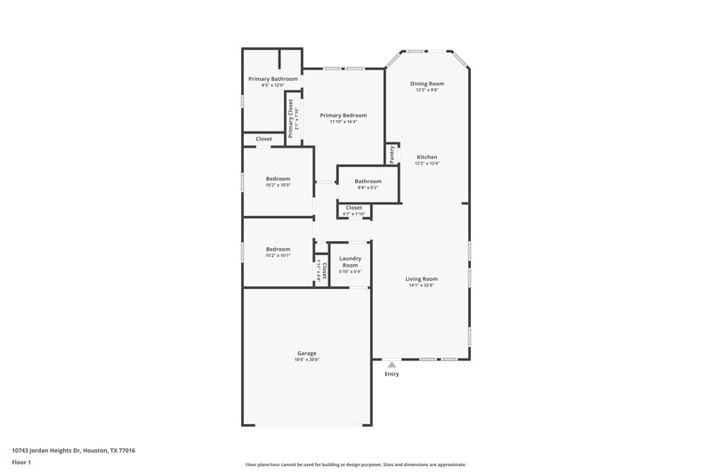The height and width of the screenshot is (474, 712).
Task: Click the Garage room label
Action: tap(306, 353)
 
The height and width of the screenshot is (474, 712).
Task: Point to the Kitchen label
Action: tap(427, 157)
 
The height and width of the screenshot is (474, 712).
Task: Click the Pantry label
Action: tap(391, 155)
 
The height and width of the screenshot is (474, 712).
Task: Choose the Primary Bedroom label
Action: tap(343, 115)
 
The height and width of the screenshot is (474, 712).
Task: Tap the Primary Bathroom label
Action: tap(272, 79)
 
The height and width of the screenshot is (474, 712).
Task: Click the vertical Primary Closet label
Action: tap(290, 118)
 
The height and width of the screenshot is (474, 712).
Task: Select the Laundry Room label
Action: tap(350, 262)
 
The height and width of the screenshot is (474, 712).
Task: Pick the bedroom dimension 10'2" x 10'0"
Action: tap(278, 185)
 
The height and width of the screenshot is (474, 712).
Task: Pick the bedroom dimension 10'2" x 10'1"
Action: tap(278, 255)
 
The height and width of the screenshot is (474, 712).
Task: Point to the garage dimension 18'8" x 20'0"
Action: tap(306, 360)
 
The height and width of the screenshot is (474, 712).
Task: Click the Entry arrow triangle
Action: tap(391, 364)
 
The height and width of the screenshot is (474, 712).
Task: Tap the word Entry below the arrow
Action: tap(392, 374)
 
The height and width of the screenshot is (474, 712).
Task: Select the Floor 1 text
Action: tap(21, 462)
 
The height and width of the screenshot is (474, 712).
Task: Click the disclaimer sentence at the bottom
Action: tap(355, 464)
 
